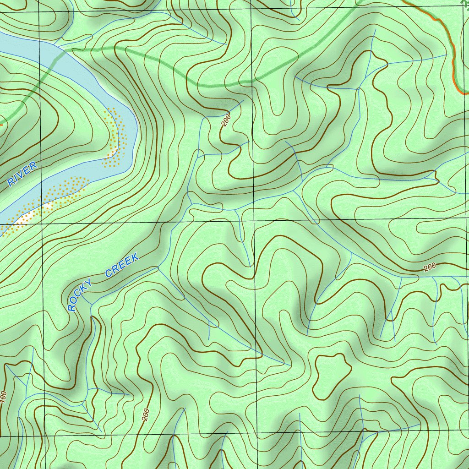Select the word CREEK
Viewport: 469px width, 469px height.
[x=122, y=266]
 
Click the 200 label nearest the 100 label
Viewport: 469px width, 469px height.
[x=146, y=414]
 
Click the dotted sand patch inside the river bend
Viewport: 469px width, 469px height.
[x=116, y=137]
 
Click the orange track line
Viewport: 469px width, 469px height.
[x=451, y=50]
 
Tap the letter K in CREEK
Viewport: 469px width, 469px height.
[x=134, y=259]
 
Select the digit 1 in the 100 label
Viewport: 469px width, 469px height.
[x=4, y=403]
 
